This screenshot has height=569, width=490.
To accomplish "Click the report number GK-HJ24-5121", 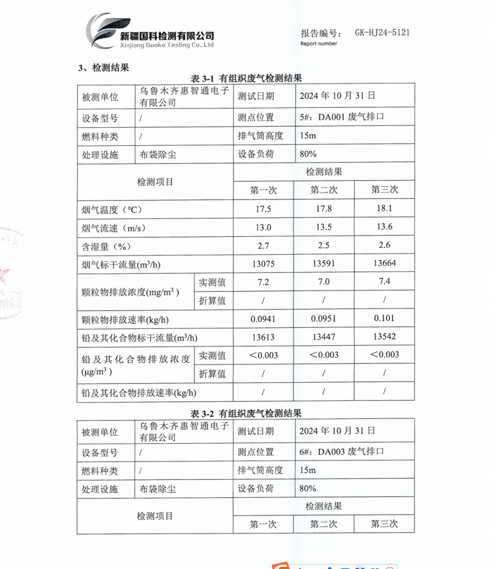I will [x=382, y=33].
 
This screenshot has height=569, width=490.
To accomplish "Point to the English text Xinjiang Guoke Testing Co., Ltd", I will [x=167, y=45].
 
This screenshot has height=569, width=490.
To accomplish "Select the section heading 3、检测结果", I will [x=103, y=67].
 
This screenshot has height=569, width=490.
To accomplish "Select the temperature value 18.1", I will [x=384, y=209].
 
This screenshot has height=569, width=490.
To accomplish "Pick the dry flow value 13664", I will [x=384, y=264].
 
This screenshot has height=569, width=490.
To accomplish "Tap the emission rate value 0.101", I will [x=384, y=319].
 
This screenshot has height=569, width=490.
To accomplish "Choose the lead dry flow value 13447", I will [x=324, y=337].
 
